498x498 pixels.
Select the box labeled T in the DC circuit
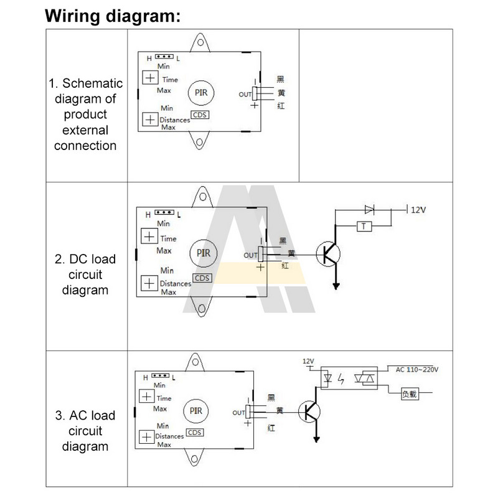(x=364, y=227)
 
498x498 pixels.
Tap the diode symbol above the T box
(x=369, y=209)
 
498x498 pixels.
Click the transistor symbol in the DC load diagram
(x=327, y=254)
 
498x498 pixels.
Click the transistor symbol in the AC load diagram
(x=309, y=411)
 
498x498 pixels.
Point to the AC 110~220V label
(x=418, y=370)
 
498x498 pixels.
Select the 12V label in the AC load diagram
(x=308, y=361)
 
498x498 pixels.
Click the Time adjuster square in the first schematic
(x=149, y=78)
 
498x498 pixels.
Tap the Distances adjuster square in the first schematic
(x=149, y=118)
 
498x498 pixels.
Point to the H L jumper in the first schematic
(x=164, y=57)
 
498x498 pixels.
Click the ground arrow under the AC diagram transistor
(x=317, y=440)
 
